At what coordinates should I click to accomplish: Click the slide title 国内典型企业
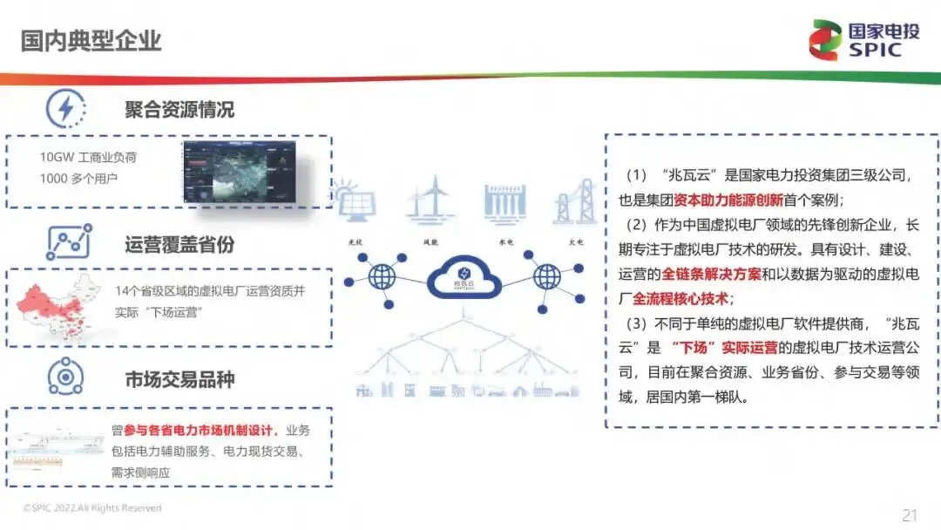(91, 40)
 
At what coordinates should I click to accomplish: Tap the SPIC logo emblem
(824, 40)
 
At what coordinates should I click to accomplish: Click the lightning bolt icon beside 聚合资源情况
(65, 109)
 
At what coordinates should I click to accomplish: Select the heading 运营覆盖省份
(179, 245)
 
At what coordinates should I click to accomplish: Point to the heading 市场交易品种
(179, 379)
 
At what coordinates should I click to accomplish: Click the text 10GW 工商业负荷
(88, 158)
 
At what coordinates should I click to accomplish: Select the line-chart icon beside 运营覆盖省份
(68, 244)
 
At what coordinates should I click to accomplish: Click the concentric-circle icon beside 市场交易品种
(65, 377)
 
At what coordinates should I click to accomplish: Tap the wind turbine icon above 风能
(430, 200)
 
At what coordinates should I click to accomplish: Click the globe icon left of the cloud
(381, 278)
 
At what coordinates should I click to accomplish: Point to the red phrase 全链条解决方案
(711, 274)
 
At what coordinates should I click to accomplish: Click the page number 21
(909, 515)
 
